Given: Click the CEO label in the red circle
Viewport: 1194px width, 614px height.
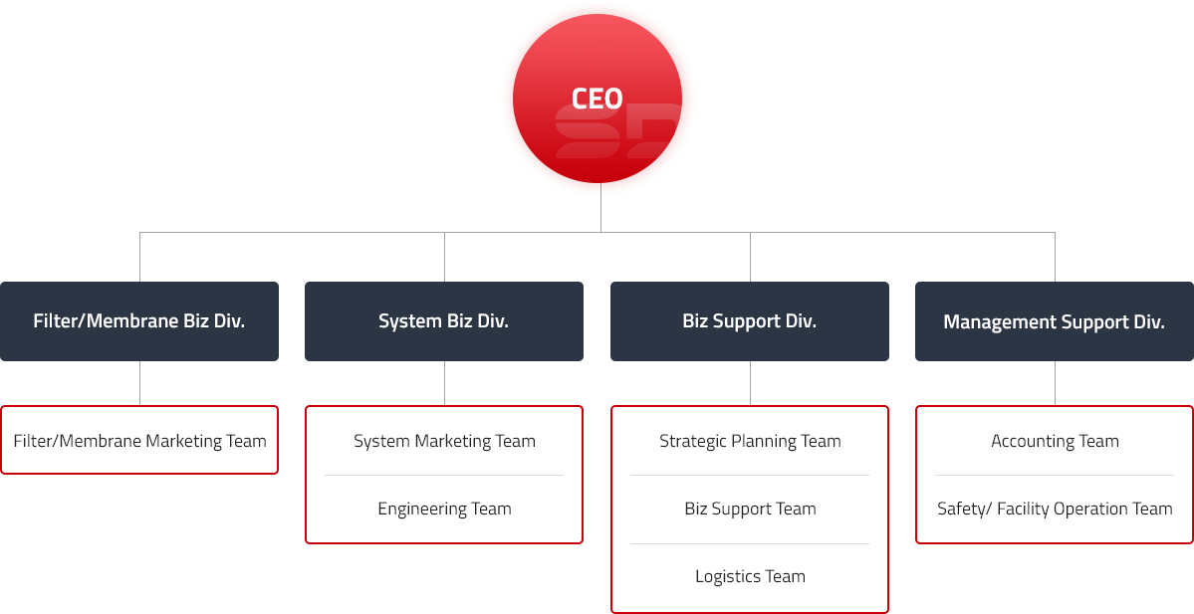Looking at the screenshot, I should point(597,99).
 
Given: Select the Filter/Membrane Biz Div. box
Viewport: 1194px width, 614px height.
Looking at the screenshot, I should point(139,320).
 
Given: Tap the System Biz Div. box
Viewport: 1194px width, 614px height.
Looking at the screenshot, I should point(443,320).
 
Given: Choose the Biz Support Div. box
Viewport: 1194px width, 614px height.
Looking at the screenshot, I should point(749,320).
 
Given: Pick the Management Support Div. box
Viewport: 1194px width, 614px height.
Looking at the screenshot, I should point(1054,320).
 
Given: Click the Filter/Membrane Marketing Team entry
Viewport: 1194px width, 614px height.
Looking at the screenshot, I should point(139,441).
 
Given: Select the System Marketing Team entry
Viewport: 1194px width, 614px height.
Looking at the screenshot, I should point(444,441).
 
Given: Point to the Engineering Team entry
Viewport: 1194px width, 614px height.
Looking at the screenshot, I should point(444,509).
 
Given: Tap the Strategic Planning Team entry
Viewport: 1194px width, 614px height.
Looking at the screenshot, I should point(750,441).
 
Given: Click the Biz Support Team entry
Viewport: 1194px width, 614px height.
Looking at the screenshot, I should point(750,509).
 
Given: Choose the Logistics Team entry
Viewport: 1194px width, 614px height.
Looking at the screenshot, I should point(750,576).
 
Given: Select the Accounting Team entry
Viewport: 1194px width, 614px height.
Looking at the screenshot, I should point(1055,441).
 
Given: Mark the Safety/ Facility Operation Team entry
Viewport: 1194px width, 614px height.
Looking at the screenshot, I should point(1055,509).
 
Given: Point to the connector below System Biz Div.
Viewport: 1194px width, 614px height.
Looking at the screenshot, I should point(444,383).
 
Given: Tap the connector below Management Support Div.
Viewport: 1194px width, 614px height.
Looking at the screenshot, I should point(1055,383).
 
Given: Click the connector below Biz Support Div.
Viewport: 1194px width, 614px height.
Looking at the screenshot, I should point(750,383).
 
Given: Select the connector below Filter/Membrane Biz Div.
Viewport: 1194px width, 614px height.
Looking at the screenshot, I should point(139,383).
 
